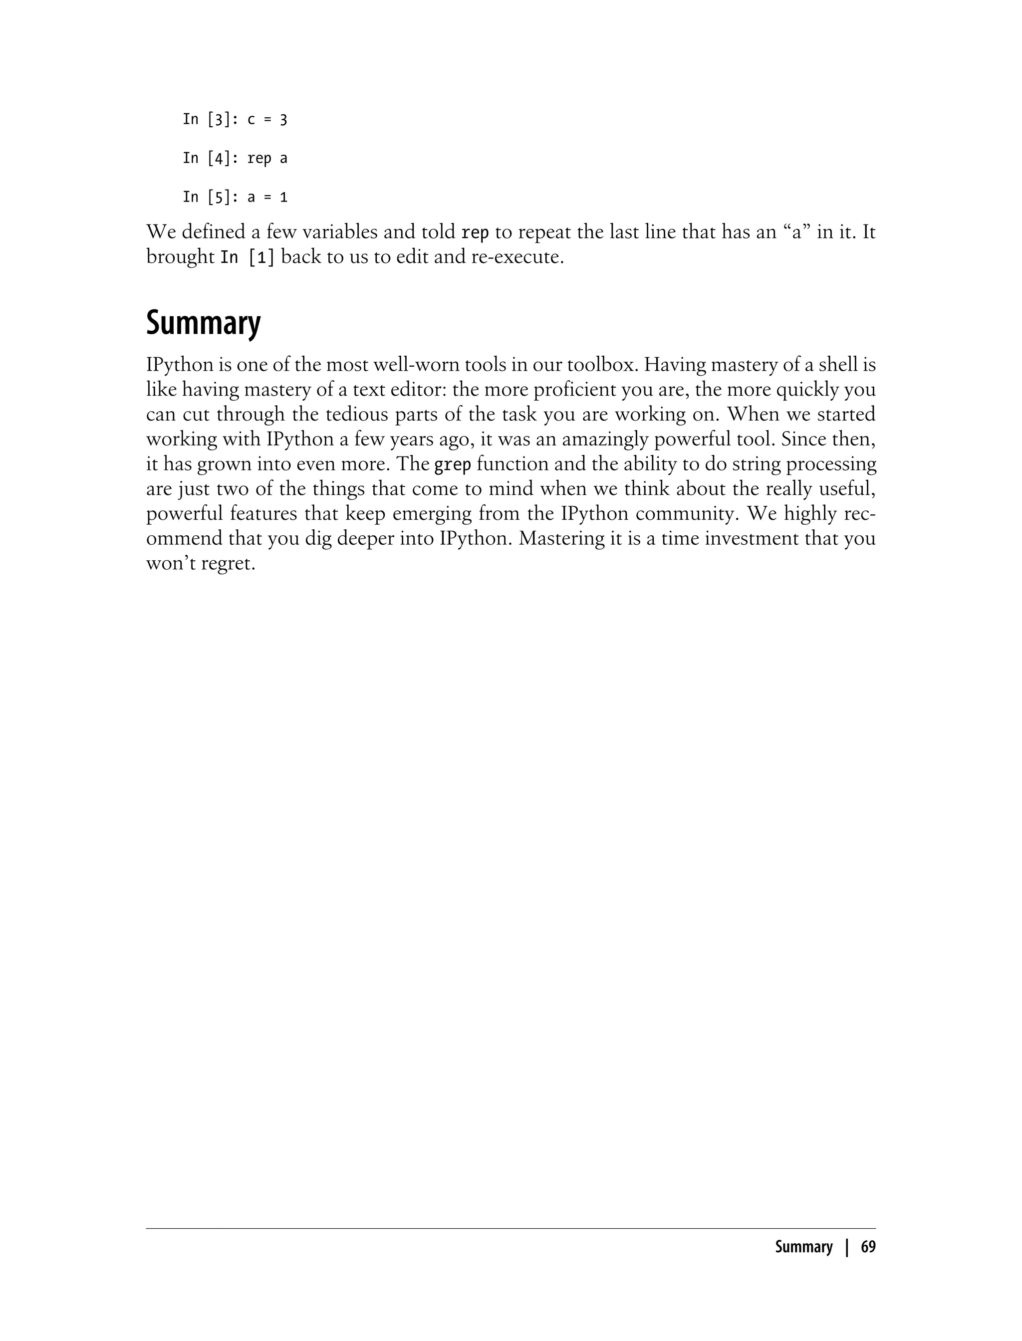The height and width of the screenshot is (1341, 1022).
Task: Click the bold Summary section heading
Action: [203, 324]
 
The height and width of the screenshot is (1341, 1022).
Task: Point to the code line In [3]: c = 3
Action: [235, 120]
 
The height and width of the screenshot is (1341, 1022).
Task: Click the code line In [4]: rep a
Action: [235, 159]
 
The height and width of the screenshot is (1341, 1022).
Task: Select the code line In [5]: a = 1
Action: [235, 198]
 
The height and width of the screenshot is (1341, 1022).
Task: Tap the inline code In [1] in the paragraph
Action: [247, 257]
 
